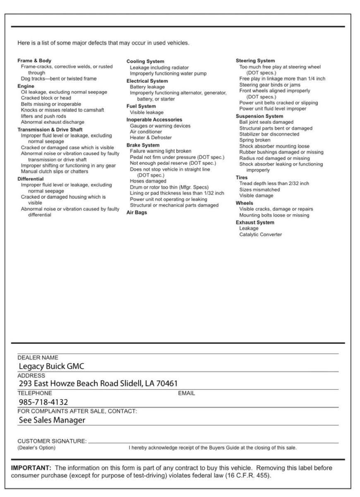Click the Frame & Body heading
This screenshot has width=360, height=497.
tap(34, 60)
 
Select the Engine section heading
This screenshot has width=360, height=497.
tap(26, 86)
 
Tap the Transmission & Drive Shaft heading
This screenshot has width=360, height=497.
tap(50, 130)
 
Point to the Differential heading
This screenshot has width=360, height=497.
tap(30, 179)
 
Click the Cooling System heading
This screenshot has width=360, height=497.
tap(145, 61)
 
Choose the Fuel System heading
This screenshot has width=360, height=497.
tap(141, 106)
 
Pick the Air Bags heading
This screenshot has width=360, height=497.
tap(137, 212)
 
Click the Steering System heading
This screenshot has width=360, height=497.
tap(255, 61)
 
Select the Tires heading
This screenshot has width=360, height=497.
tap(242, 178)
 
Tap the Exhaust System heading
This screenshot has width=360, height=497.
tap(255, 222)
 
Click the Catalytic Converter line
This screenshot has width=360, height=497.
tap(260, 234)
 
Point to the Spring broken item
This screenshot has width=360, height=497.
tap(254, 140)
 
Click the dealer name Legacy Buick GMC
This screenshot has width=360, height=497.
tap(51, 366)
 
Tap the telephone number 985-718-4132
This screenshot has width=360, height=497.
tap(43, 402)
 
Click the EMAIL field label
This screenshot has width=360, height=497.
tap(186, 393)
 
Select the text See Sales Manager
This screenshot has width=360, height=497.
tap(52, 420)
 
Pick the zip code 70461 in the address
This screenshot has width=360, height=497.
tap(168, 384)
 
